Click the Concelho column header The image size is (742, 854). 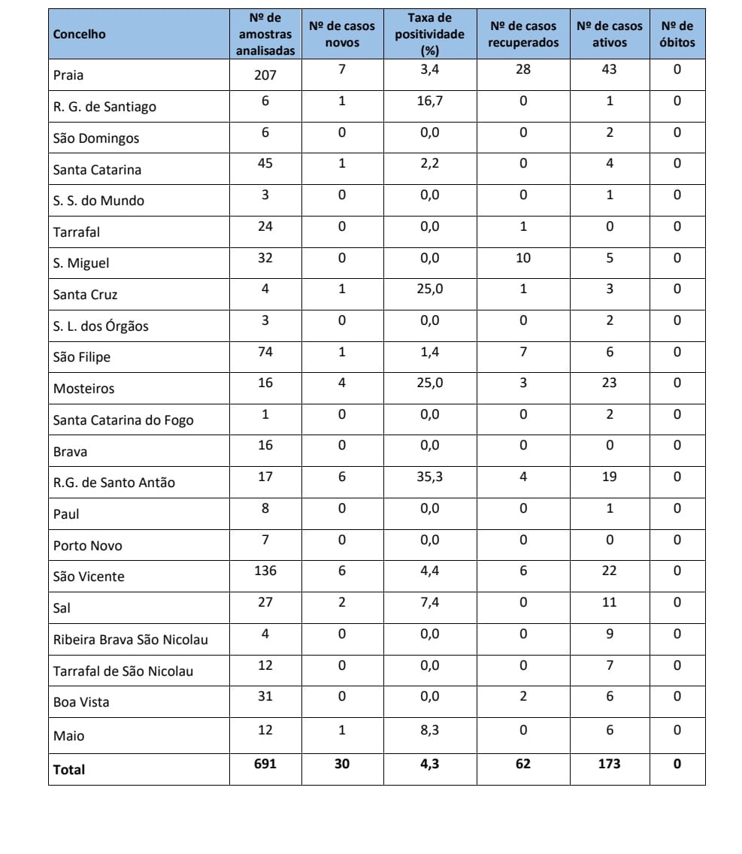(80, 35)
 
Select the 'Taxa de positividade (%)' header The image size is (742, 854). (430, 35)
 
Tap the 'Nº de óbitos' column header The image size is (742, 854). (677, 35)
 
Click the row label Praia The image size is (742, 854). (69, 75)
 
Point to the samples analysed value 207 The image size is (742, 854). (265, 74)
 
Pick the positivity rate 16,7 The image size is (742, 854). (430, 101)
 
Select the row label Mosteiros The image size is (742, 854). (84, 389)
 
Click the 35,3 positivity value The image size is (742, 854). (430, 477)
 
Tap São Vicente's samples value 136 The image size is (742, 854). (265, 571)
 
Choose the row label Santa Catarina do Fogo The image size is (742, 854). (123, 420)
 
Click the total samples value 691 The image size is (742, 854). (265, 764)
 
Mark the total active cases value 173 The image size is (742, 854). (609, 764)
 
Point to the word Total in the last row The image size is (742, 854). (69, 770)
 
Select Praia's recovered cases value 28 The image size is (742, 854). (523, 70)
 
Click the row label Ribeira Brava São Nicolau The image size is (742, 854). (131, 640)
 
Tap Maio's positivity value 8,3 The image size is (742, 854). (430, 730)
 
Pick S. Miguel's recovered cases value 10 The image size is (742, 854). (523, 258)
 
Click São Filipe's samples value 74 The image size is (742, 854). (265, 352)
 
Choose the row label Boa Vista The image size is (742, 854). (81, 702)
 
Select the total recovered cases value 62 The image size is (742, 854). (523, 764)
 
